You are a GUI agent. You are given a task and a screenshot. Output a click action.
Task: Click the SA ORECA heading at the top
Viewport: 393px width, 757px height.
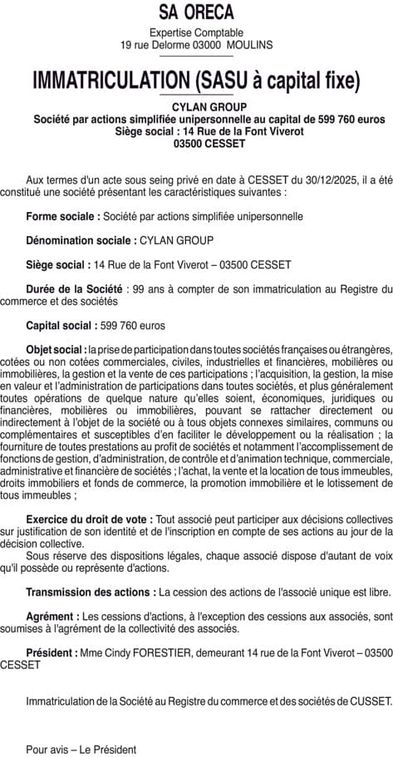[x=196, y=12]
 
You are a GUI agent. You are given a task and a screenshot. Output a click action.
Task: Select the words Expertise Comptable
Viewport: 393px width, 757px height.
[x=196, y=32]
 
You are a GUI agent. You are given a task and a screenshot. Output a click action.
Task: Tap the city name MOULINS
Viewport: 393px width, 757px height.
[x=248, y=45]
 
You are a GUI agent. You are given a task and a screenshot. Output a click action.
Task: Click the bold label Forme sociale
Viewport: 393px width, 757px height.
[x=62, y=216]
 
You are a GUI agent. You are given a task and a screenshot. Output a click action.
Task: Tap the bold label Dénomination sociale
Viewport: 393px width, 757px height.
[x=80, y=240]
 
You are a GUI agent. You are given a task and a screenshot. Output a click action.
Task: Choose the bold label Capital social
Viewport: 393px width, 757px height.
[x=61, y=325]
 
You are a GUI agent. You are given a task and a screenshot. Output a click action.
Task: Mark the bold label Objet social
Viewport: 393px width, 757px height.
[x=56, y=349]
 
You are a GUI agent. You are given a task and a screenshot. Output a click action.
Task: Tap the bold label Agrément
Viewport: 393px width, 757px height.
[x=52, y=617]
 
